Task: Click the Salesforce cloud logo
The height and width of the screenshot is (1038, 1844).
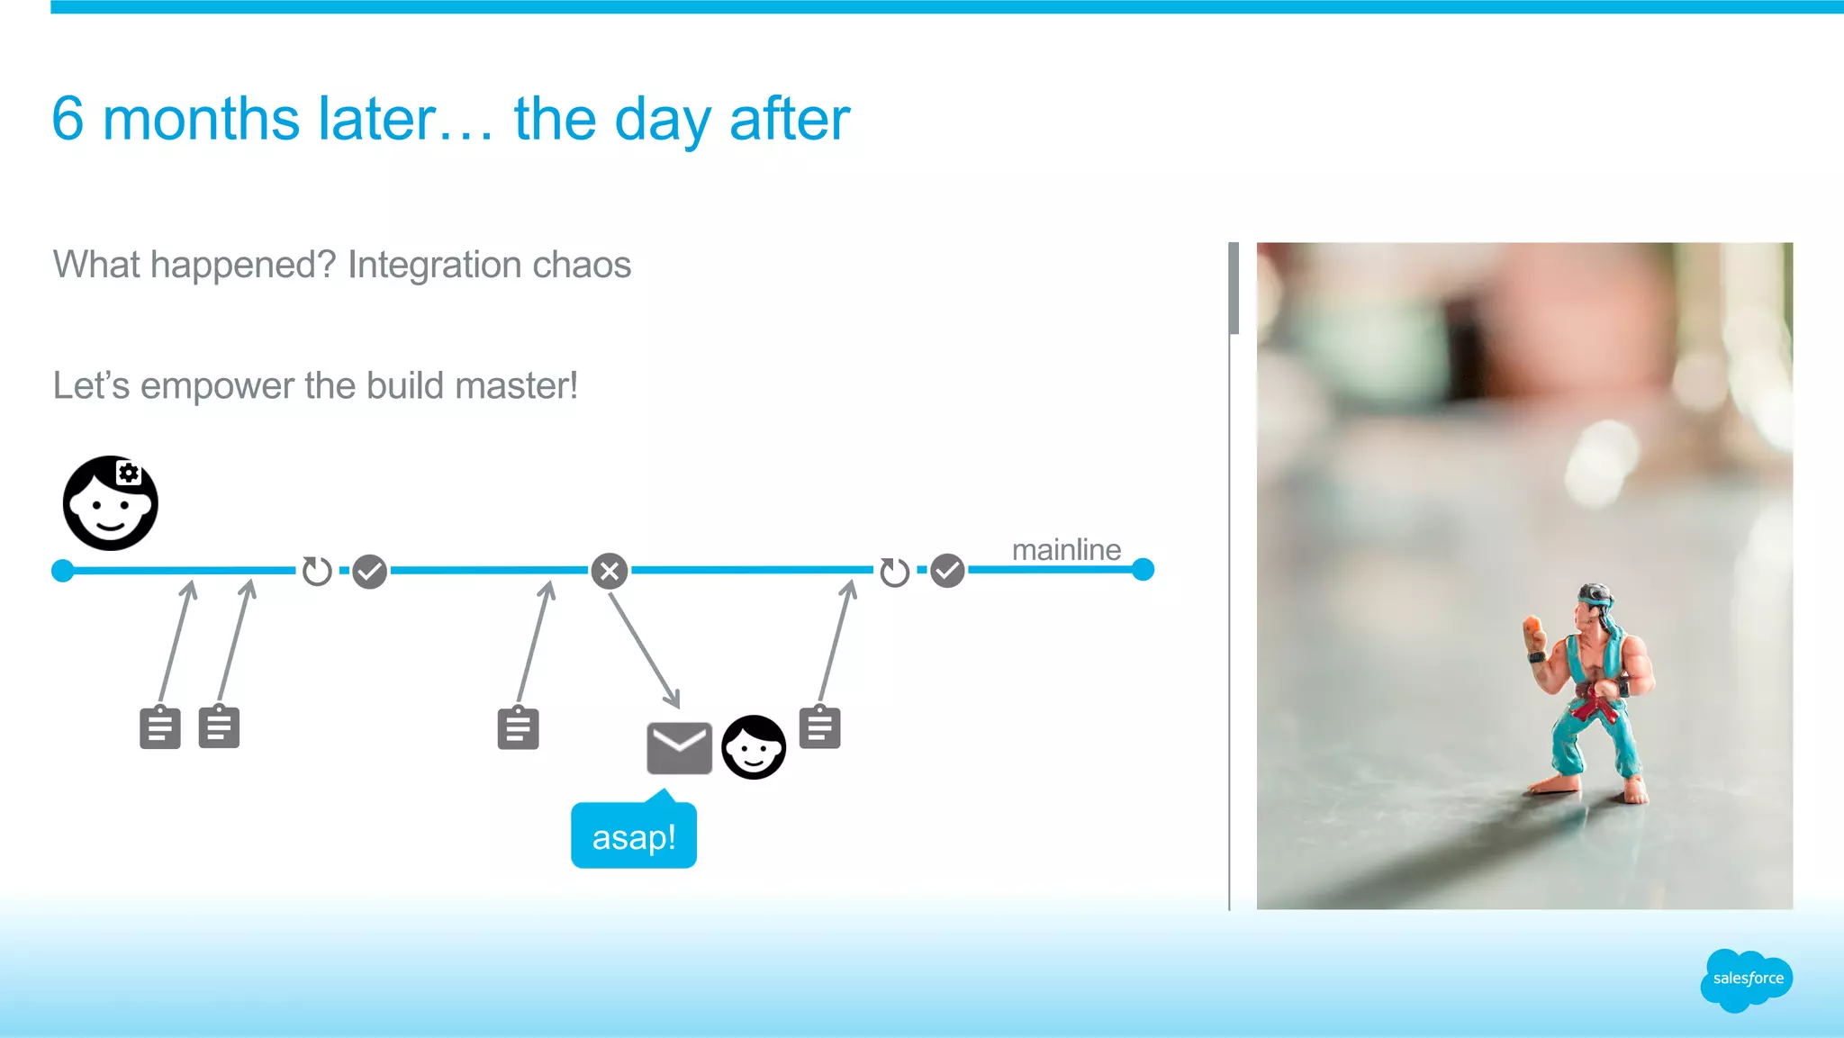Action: (x=1746, y=979)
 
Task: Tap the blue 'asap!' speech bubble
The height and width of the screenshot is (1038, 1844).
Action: (x=634, y=837)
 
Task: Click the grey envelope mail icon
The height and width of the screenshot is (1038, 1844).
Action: (x=679, y=747)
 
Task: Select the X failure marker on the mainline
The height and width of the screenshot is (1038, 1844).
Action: (x=610, y=571)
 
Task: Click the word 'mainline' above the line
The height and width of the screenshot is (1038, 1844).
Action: (x=1066, y=549)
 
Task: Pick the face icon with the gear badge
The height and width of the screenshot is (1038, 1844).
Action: (x=111, y=503)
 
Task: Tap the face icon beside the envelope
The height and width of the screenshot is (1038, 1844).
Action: (x=754, y=747)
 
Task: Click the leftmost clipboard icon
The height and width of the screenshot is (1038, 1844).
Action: (x=160, y=727)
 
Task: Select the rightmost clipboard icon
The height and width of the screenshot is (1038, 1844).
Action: (x=819, y=727)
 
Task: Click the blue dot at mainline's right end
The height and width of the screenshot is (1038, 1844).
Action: (x=1143, y=570)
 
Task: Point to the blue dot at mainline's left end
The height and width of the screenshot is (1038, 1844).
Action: (x=63, y=571)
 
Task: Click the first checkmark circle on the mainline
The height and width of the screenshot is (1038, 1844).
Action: (x=369, y=571)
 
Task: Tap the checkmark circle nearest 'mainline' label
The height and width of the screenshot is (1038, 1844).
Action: (x=947, y=571)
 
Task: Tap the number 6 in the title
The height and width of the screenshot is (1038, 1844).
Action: (x=68, y=119)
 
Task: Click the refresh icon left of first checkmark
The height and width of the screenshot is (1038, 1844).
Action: (x=317, y=571)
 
